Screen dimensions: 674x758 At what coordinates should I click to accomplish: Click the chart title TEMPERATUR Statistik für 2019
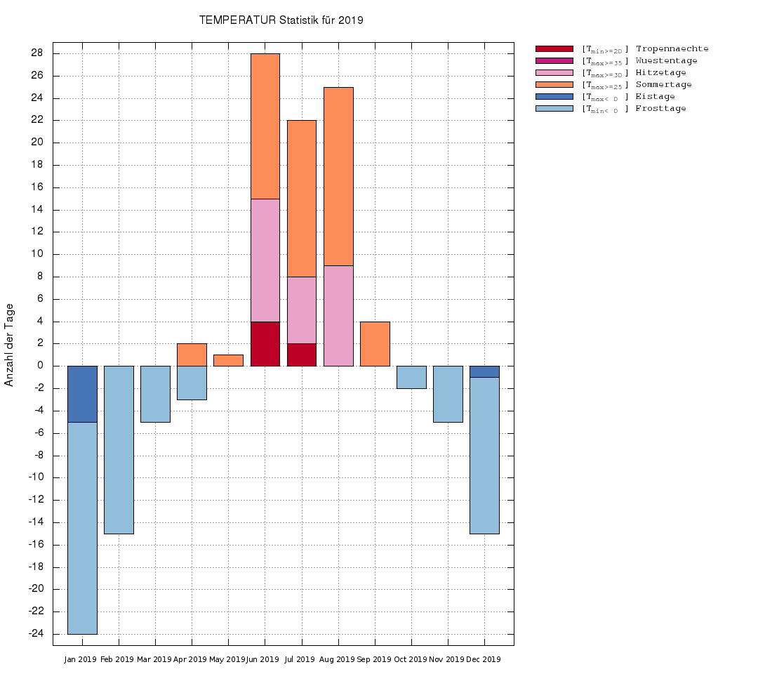(x=281, y=20)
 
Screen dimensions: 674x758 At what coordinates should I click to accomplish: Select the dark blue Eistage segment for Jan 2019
(x=82, y=394)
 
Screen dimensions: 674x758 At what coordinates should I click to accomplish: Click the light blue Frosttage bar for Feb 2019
(x=119, y=449)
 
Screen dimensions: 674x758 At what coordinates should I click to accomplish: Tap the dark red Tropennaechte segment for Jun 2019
(x=265, y=343)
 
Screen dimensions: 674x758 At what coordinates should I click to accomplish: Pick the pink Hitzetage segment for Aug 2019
(x=338, y=315)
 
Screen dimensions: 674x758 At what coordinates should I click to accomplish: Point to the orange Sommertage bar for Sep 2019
(x=375, y=343)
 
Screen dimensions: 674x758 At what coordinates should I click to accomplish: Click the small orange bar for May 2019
(x=228, y=360)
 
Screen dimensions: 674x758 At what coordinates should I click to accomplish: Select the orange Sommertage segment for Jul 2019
(x=302, y=198)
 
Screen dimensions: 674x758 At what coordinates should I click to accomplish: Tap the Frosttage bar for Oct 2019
(x=411, y=377)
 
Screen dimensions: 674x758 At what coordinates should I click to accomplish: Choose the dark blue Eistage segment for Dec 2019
(x=484, y=371)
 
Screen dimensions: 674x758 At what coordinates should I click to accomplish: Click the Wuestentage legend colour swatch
(x=554, y=61)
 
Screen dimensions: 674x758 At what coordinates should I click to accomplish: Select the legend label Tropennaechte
(x=672, y=49)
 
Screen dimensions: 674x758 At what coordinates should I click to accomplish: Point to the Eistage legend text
(x=655, y=97)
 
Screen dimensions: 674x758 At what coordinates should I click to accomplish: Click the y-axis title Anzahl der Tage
(x=9, y=345)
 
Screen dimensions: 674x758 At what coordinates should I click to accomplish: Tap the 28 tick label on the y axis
(x=36, y=53)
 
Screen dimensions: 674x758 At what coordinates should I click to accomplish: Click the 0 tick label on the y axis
(x=40, y=366)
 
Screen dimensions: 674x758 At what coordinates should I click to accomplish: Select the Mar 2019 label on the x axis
(x=154, y=660)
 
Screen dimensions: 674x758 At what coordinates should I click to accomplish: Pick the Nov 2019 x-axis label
(x=446, y=660)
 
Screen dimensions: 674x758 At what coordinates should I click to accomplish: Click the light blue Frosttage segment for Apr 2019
(x=192, y=383)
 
